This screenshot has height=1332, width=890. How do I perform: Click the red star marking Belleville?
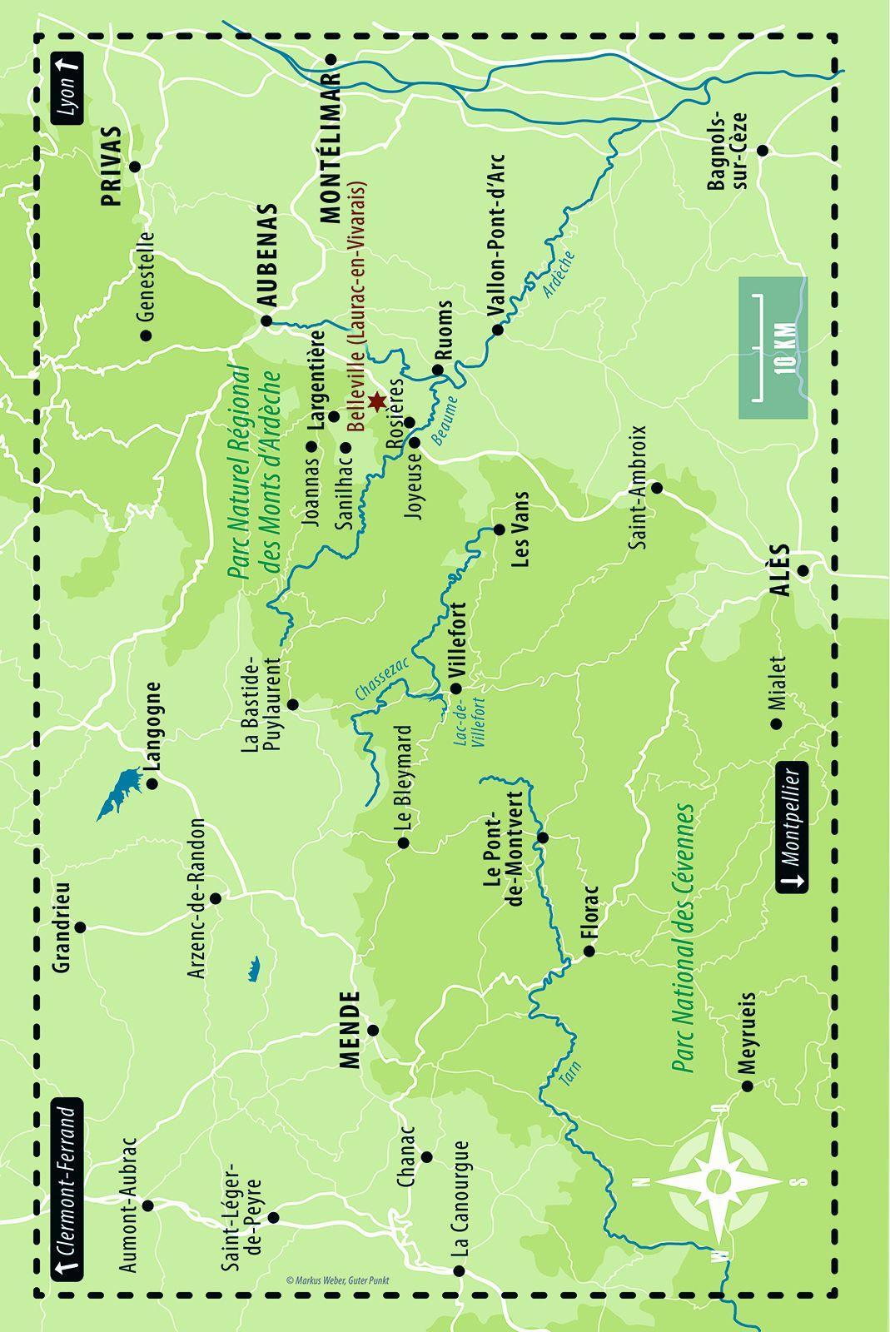[x=375, y=401]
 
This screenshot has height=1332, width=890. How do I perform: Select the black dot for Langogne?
[x=152, y=783]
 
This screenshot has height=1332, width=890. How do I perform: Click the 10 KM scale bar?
[x=773, y=347]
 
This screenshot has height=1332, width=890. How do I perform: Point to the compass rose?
[x=717, y=1180]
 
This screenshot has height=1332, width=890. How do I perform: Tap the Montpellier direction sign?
[x=792, y=826]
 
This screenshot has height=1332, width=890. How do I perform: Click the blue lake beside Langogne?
[x=118, y=792]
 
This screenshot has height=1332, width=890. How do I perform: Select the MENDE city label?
[x=350, y=1030]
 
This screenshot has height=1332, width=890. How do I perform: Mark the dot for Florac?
[x=589, y=951]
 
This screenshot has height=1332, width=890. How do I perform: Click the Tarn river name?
[x=569, y=1075]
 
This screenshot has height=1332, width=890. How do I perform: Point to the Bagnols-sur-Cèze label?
[x=729, y=151]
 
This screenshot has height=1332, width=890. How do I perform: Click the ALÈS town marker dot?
[x=803, y=571]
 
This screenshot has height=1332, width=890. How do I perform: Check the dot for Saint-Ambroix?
[x=656, y=487]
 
